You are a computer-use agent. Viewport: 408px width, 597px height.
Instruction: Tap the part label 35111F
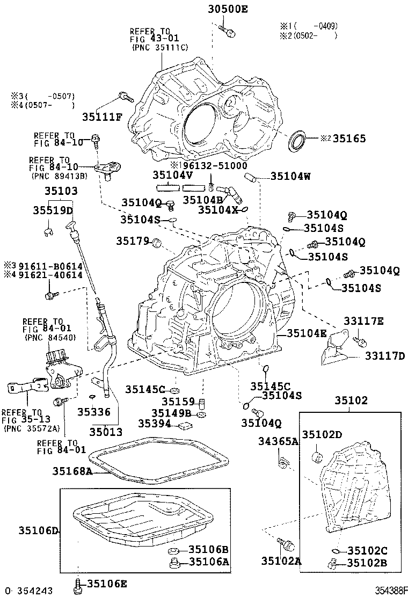coord(102,117)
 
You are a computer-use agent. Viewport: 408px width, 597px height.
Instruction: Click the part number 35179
coord(132,242)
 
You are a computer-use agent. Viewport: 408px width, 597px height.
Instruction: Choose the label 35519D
coord(55,210)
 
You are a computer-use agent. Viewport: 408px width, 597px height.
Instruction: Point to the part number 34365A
coord(278,442)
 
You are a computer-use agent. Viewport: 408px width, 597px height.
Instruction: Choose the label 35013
coord(106,431)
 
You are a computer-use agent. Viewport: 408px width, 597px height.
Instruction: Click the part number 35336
coord(93,412)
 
